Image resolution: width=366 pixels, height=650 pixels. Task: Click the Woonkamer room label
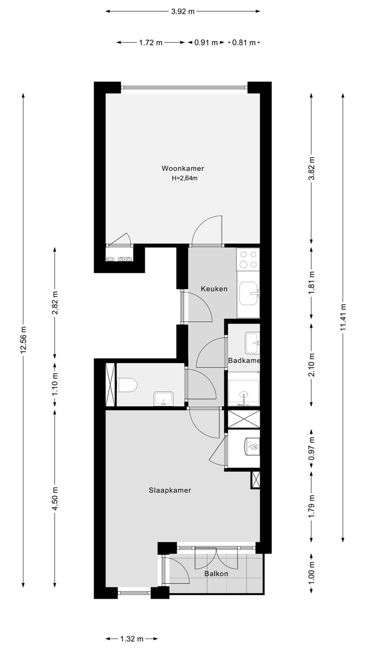pos(182,168)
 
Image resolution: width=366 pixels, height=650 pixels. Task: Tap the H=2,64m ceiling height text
pos(185,178)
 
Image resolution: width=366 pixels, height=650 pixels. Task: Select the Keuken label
pos(213,288)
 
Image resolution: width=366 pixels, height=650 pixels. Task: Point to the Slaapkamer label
pos(170,490)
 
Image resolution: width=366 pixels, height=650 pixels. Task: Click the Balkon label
pos(216,574)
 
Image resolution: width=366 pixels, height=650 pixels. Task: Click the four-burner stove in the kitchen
pos(249,259)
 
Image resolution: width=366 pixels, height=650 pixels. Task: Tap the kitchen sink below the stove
pos(249,294)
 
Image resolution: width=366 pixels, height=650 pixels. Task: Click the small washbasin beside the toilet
pos(163,398)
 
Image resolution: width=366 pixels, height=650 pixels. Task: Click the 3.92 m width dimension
pos(183,11)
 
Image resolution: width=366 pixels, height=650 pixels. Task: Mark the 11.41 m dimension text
pos(344,317)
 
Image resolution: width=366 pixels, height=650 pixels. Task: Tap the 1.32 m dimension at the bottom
pos(132,639)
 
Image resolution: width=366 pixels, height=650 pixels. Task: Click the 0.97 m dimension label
pos(312,449)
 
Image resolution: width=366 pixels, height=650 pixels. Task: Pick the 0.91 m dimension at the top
pos(206,43)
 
